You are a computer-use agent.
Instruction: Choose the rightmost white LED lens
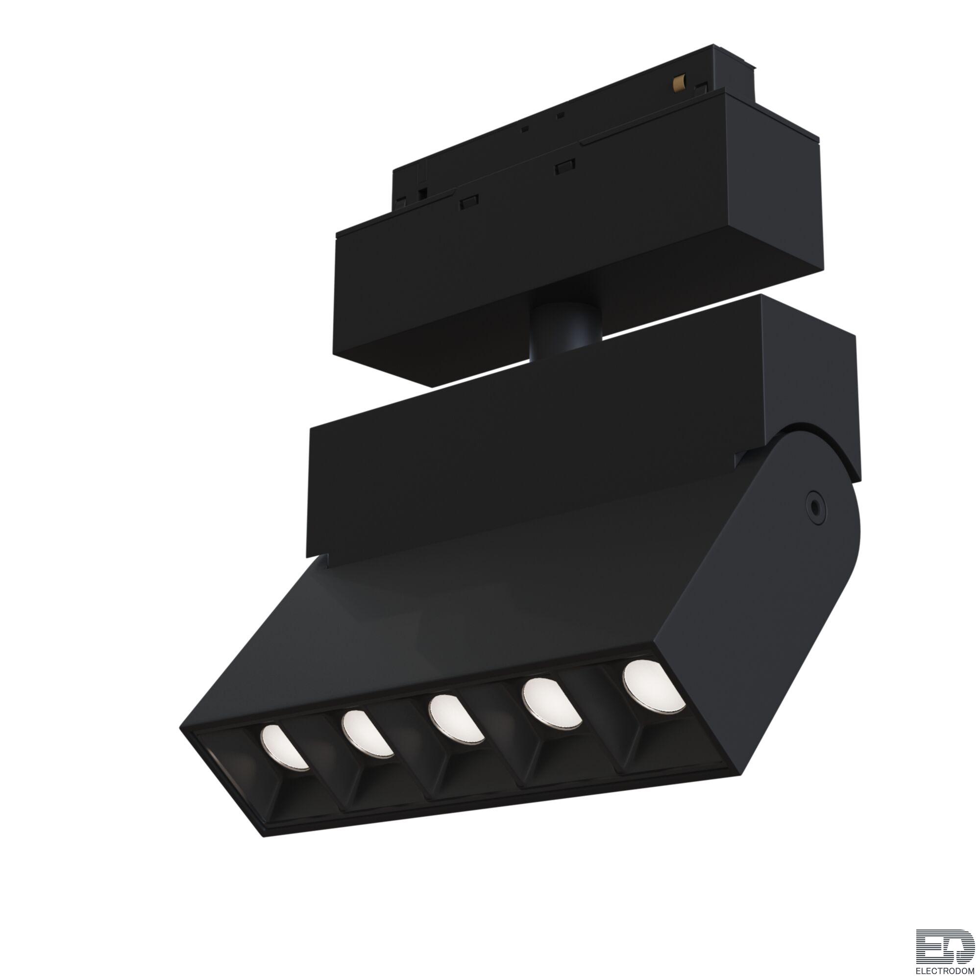[x=654, y=685]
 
